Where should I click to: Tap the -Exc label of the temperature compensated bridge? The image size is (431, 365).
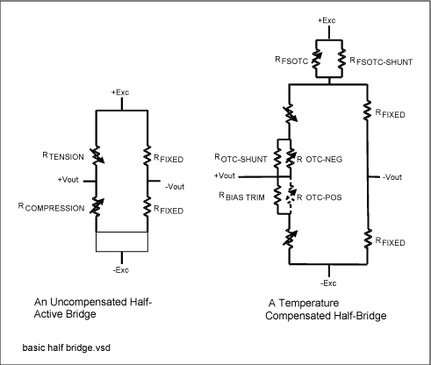click(x=327, y=283)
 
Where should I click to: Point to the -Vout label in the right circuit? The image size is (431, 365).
click(x=391, y=178)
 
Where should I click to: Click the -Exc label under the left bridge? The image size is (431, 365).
click(x=122, y=259)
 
